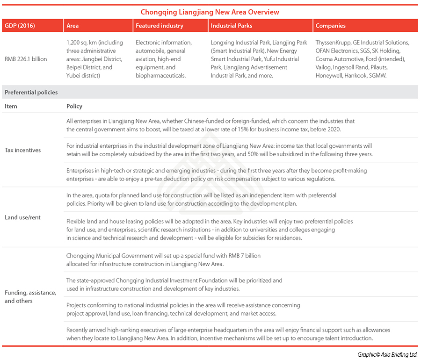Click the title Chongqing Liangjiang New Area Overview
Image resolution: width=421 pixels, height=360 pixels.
tap(210, 12)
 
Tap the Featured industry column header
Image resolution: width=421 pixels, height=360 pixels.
tap(160, 26)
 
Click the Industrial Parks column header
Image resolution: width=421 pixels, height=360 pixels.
tap(232, 26)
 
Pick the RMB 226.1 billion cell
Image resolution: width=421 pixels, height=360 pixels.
tap(26, 59)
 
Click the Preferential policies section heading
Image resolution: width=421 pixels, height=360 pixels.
tap(31, 92)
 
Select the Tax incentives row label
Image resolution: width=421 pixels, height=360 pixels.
tap(22, 150)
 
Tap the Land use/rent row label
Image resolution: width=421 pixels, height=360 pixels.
tap(22, 217)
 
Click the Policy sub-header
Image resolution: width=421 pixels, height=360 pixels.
tap(74, 106)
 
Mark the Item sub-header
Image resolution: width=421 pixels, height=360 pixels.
tap(11, 106)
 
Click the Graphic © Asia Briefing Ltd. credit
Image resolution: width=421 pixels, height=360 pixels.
tap(387, 354)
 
